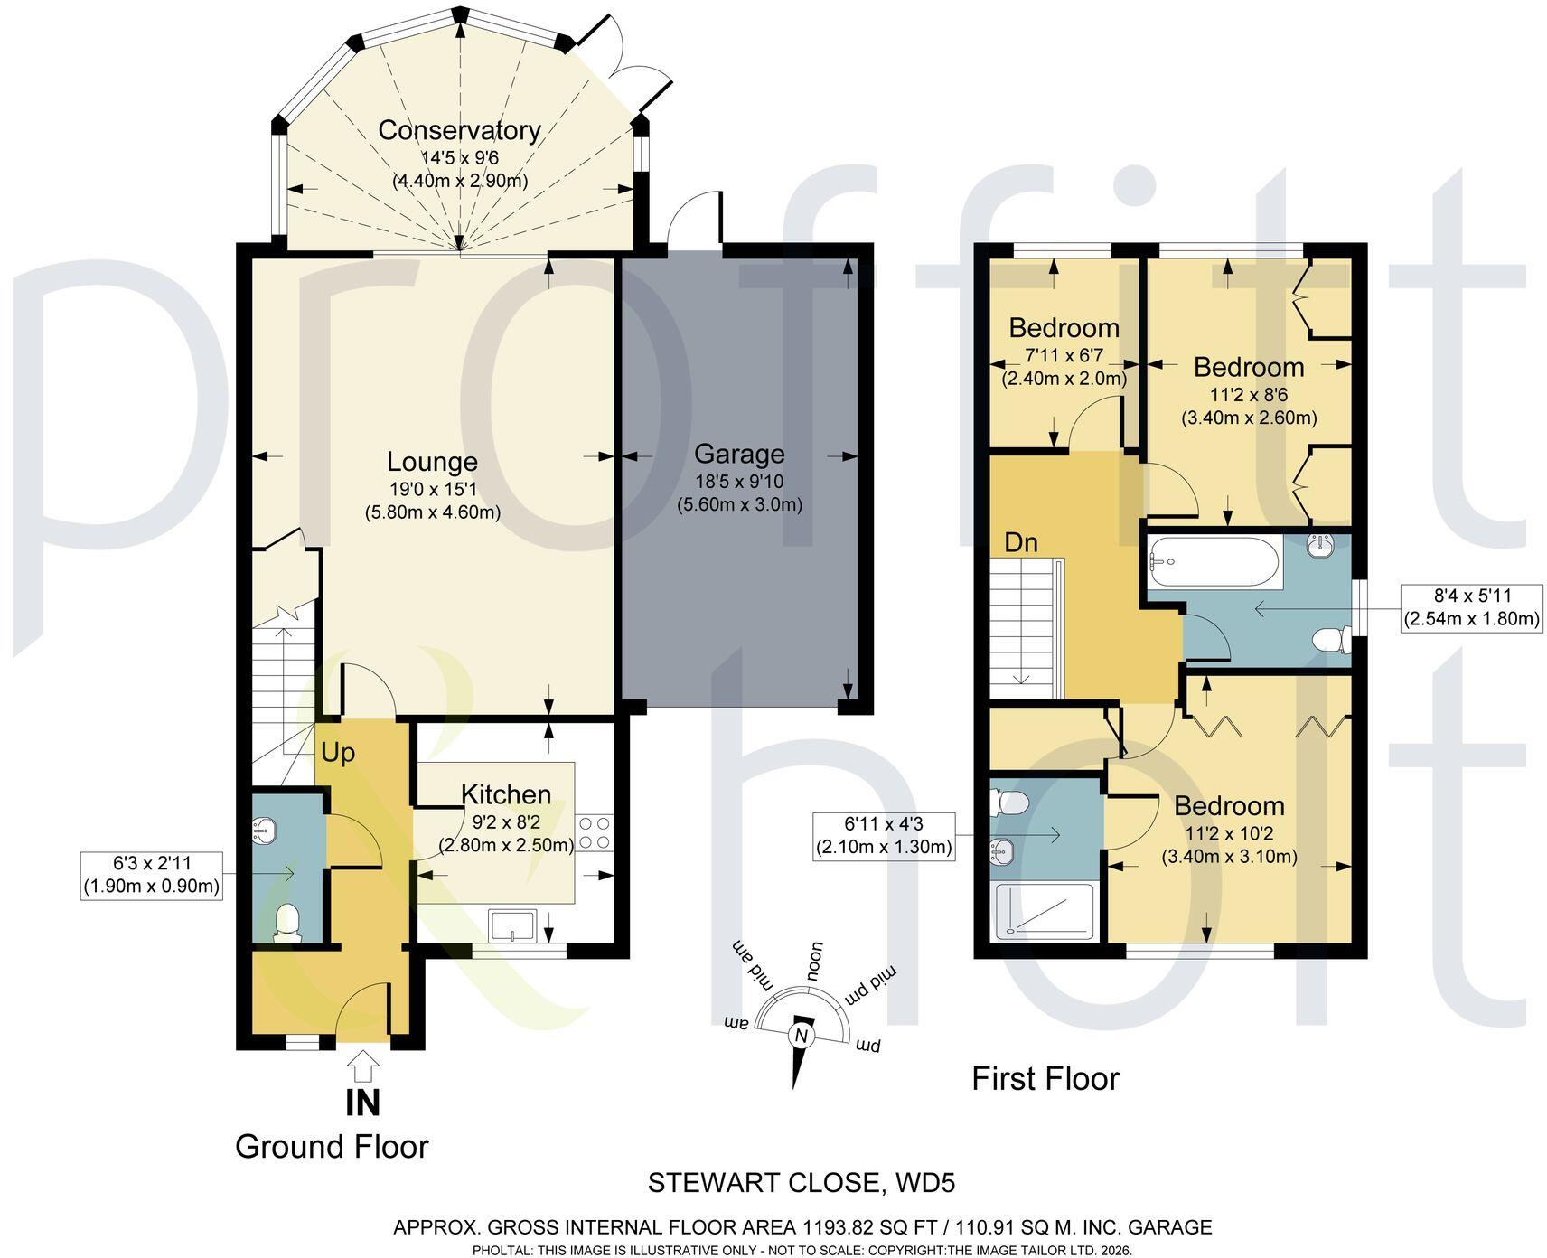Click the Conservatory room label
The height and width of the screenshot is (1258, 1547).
coord(459,130)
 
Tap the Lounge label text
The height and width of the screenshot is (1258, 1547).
coord(432,462)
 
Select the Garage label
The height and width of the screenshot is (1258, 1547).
coord(739,454)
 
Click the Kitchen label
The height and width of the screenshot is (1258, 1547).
coord(506,794)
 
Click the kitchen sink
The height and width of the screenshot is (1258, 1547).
coord(512,925)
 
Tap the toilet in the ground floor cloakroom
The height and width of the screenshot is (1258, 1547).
coord(287,923)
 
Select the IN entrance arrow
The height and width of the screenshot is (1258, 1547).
coord(363,1066)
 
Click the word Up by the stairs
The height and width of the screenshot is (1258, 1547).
coord(338,753)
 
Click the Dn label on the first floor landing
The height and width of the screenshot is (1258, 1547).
coord(1021,542)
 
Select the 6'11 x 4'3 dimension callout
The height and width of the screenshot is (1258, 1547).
coord(884,836)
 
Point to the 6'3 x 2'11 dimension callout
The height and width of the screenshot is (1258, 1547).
coord(152,875)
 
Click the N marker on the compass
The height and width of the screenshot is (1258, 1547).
coord(801,1036)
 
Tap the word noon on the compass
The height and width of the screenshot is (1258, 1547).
coord(814,962)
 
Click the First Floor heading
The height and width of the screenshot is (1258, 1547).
coord(1045,1078)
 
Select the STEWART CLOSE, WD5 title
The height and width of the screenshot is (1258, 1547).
coord(802,1182)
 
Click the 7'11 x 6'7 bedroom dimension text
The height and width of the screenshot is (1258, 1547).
coord(1064,355)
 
